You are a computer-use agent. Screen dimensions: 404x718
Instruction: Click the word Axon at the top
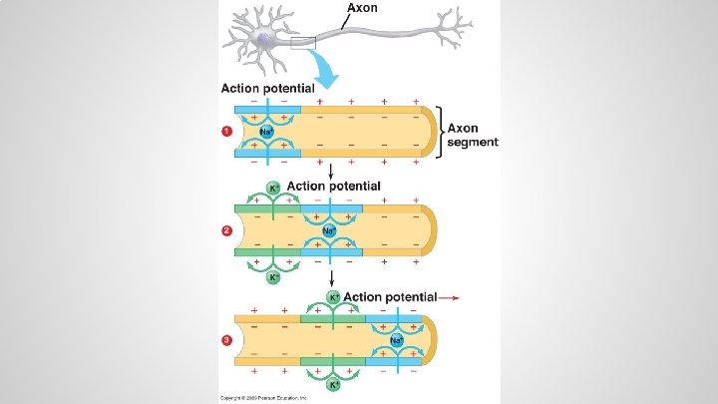pos(362,8)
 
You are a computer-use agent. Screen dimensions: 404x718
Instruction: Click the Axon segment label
pos(473,136)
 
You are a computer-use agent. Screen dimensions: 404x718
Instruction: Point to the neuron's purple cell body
pos(265,40)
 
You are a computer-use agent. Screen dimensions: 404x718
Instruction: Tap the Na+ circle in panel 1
pos(266,132)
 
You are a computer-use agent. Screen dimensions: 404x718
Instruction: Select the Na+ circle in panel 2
pos(330,231)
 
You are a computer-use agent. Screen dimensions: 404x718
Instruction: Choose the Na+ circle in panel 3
pos(396,341)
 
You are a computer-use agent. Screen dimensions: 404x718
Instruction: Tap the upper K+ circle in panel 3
pos(335,297)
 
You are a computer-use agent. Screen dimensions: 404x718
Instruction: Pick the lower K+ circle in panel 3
pos(335,384)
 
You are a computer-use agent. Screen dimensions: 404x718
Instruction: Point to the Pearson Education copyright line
pos(263,398)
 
